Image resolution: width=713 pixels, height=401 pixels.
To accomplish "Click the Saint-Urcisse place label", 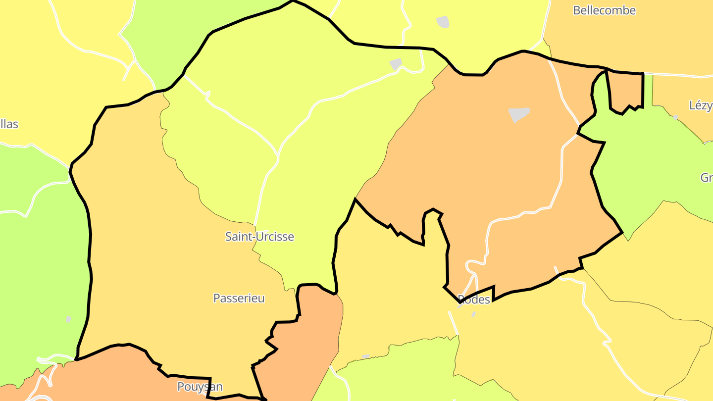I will (x=259, y=237).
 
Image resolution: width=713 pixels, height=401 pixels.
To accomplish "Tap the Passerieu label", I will (x=239, y=299).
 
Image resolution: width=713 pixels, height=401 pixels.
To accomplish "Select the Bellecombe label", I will (x=604, y=10).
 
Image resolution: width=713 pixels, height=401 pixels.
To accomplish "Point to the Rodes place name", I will (x=474, y=300).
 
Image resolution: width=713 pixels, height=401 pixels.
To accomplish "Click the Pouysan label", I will (x=200, y=387).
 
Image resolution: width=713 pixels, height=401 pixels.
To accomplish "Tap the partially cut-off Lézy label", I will (x=701, y=105).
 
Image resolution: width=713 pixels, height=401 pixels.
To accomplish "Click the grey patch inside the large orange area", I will (x=519, y=114).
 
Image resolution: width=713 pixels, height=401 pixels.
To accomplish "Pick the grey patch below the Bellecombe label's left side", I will (x=443, y=22).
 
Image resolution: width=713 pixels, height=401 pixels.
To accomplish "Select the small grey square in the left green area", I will (x=68, y=319).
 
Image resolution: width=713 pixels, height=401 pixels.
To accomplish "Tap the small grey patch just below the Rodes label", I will (x=473, y=314).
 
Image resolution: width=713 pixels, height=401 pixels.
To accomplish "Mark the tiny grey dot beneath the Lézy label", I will (x=675, y=117).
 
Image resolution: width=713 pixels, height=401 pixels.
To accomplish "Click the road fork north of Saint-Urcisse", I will (x=277, y=157).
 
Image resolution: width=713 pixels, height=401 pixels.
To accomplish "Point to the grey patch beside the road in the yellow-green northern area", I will (x=396, y=64).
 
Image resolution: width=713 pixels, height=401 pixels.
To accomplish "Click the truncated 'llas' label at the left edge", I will (x=9, y=124).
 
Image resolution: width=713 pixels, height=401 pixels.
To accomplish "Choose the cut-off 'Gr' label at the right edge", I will (x=707, y=177).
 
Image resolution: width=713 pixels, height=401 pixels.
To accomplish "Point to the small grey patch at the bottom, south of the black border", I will (x=366, y=356).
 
